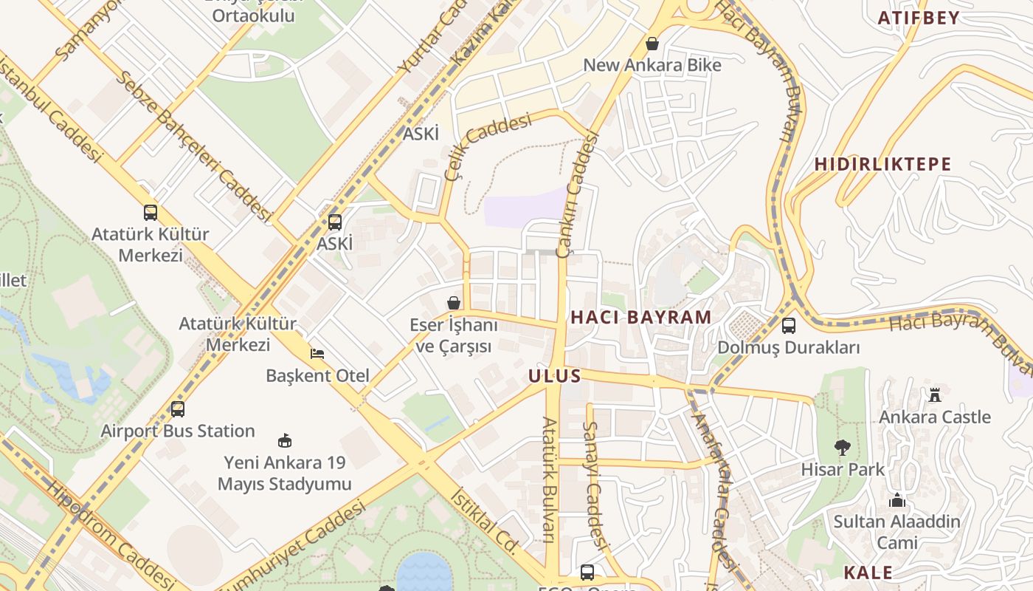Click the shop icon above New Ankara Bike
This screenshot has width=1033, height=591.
(652, 44)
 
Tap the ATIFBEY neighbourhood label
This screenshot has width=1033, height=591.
(918, 18)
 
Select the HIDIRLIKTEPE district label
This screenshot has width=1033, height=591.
(882, 164)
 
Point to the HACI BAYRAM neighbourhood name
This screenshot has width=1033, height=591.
(641, 318)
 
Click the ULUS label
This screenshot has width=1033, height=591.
(555, 376)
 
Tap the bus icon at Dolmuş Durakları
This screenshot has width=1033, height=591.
(789, 326)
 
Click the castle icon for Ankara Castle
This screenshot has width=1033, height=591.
(935, 394)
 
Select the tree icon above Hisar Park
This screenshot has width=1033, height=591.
(841, 447)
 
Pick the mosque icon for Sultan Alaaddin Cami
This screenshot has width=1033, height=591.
(897, 500)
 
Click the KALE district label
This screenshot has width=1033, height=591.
(868, 573)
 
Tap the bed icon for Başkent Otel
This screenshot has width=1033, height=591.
(317, 354)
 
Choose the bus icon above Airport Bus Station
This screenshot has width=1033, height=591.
(177, 409)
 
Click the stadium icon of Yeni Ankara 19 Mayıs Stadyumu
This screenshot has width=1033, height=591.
(284, 441)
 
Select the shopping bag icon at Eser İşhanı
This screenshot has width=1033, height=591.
(453, 303)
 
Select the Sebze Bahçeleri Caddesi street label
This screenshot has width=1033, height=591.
(193, 146)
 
